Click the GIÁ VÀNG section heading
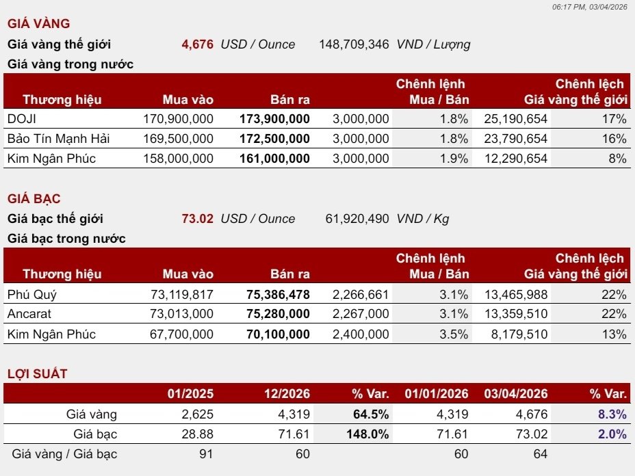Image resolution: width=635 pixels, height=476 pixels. click(x=39, y=23)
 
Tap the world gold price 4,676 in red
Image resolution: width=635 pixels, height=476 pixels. click(x=198, y=44)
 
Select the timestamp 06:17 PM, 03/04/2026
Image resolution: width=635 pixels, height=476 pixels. click(x=590, y=7)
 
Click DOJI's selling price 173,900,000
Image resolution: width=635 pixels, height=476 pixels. click(x=274, y=119)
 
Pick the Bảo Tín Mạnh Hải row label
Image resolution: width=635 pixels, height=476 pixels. click(x=59, y=138)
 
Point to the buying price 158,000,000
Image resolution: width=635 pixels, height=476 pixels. click(x=178, y=159)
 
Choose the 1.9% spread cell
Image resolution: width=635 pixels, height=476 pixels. click(x=454, y=159)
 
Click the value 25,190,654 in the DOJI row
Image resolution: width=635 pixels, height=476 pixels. click(x=515, y=119)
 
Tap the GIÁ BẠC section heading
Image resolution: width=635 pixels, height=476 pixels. click(x=34, y=199)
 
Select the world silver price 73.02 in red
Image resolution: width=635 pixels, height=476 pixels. click(x=198, y=219)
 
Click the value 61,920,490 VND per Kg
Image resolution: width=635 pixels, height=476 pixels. click(x=357, y=219)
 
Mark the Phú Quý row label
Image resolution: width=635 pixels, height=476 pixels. click(x=32, y=295)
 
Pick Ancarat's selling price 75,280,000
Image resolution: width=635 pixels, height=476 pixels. click(x=278, y=314)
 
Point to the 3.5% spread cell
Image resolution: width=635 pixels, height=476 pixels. click(x=454, y=334)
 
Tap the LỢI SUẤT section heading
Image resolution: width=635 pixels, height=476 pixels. click(x=37, y=373)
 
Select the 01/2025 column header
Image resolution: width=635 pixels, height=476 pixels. click(x=190, y=393)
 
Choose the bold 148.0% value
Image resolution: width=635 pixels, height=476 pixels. click(x=367, y=434)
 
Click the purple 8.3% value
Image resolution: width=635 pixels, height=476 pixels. click(x=612, y=414)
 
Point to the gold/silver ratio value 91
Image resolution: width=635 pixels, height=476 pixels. click(x=206, y=454)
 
